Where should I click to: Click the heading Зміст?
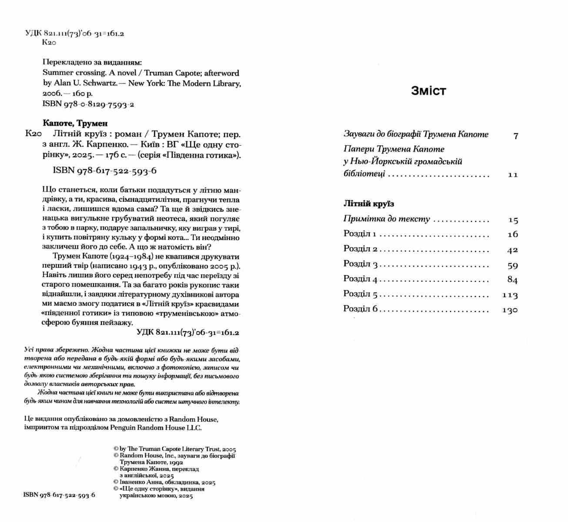pos(428,91)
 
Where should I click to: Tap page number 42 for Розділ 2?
pos(512,250)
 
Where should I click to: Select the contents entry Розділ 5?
pos(361,294)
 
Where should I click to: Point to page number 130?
pos(510,310)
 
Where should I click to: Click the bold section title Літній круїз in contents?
pos(368,204)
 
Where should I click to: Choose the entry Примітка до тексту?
pos(386,219)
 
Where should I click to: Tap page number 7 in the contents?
pos(516,136)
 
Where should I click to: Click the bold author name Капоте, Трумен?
pos(75,124)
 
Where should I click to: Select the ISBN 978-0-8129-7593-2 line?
pos(88,104)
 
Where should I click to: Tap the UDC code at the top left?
pos(74,33)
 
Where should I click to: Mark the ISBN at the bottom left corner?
pos(59,495)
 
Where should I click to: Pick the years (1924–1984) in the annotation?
pos(130,257)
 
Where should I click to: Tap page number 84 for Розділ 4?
pos(512,280)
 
